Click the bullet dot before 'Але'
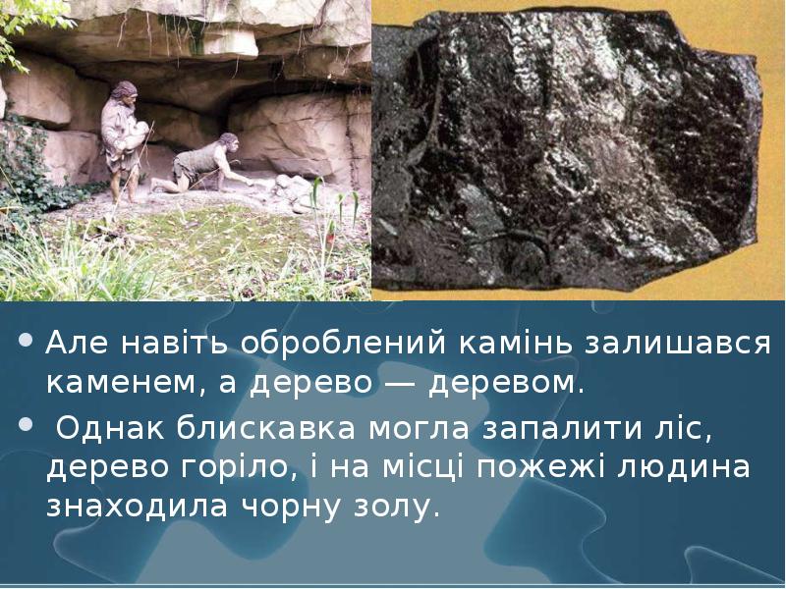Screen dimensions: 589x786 27,345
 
